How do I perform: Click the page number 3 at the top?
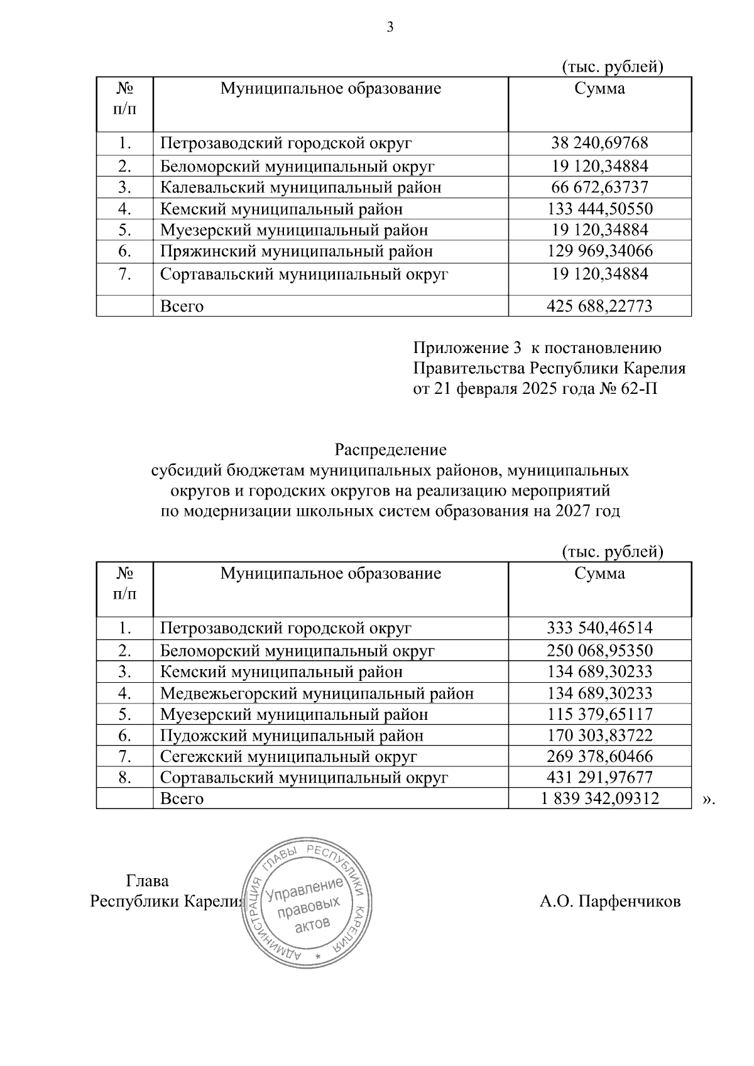point(390,27)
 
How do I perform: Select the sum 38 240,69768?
point(599,143)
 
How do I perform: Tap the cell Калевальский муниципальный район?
point(300,188)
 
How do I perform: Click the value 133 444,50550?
point(599,209)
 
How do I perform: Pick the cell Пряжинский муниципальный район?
point(296,251)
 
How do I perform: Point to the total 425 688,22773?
point(599,307)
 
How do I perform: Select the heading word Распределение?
point(390,450)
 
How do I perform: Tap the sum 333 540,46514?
point(599,628)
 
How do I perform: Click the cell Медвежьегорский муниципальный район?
point(317,693)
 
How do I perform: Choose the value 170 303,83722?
point(599,736)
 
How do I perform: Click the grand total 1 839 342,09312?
point(599,799)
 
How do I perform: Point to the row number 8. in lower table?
point(124,778)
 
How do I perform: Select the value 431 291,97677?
point(599,778)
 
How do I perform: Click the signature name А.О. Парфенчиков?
point(609,902)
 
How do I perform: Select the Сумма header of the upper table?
point(599,89)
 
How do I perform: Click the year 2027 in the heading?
point(572,511)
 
